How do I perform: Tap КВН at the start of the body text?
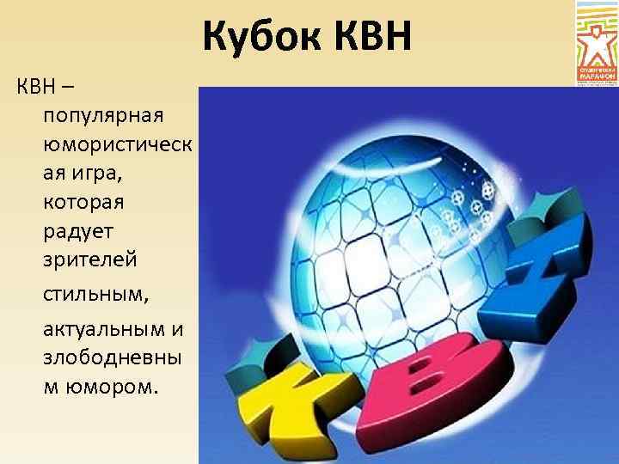(x=35, y=87)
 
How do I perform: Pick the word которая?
(x=84, y=205)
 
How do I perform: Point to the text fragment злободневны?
(x=114, y=357)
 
